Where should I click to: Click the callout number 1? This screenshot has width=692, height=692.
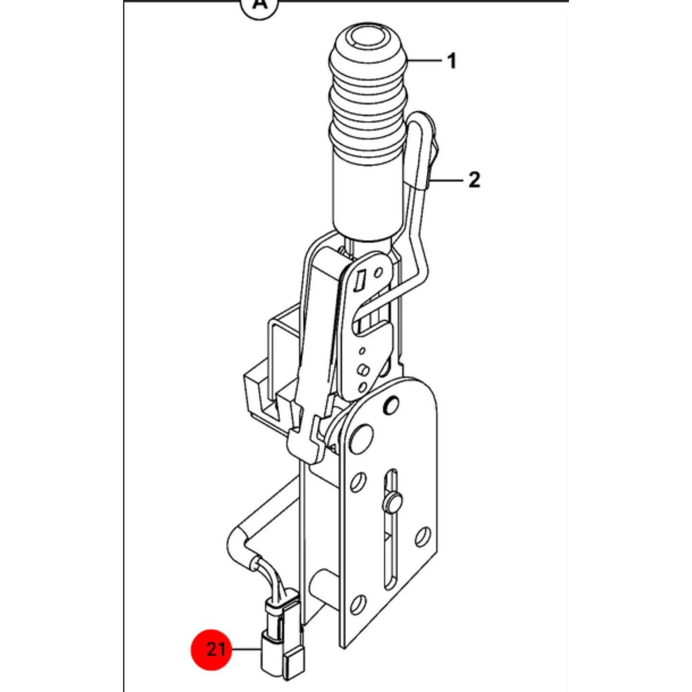pos(452,61)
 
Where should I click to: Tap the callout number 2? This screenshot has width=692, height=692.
pos(474,180)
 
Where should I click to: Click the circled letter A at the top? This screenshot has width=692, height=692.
pos(260,5)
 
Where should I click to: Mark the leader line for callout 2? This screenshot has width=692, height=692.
pos(447,180)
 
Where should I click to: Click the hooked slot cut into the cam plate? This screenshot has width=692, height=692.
pos(370,316)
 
